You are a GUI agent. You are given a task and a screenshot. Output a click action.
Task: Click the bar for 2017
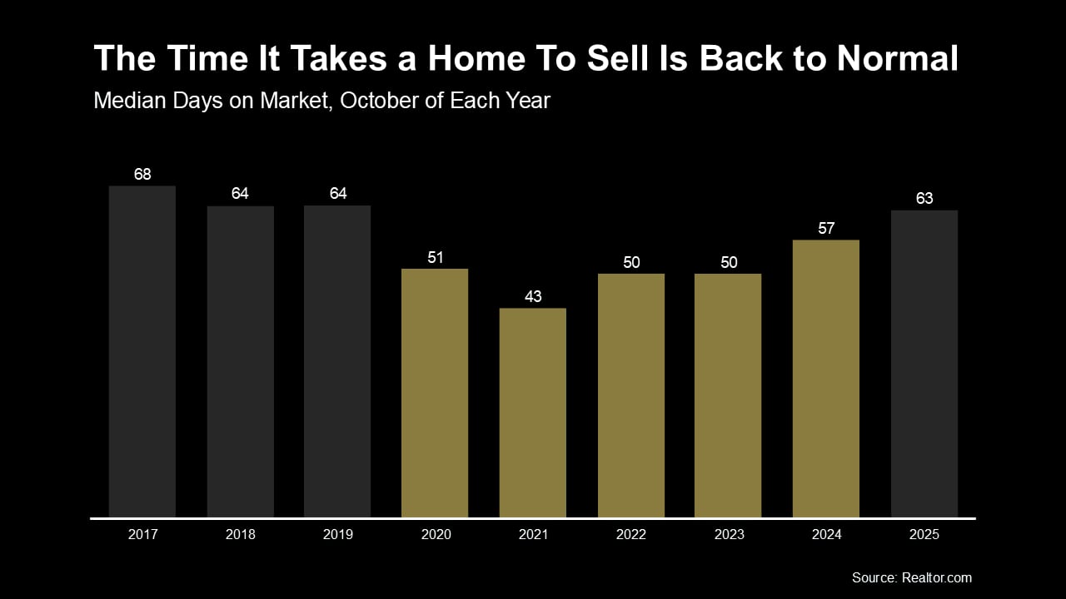pos(142,351)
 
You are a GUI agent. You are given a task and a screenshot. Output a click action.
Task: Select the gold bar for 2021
pos(533,413)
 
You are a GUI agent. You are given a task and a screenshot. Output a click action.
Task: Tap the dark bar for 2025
pos(924,364)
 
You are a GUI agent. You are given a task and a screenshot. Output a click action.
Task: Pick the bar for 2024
pos(826,379)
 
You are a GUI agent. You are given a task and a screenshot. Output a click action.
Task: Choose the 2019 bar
pos(337,361)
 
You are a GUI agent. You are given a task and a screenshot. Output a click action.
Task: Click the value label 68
pos(142,175)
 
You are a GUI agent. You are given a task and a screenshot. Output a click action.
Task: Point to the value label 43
pos(533,297)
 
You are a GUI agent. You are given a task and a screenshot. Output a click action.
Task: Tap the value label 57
pos(826,229)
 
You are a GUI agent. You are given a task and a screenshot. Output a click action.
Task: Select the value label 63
pos(924,199)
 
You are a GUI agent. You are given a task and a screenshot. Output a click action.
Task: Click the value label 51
pos(436,258)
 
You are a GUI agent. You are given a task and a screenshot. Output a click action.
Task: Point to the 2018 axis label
pos(240,535)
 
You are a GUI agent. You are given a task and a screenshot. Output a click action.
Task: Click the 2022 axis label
pos(631,535)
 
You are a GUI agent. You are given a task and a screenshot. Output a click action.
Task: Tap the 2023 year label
pos(729,535)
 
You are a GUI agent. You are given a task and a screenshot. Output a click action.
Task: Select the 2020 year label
pos(436,535)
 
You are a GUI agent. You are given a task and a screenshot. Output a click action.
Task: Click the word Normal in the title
pos(897,59)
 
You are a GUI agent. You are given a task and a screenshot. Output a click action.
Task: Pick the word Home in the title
pos(472,59)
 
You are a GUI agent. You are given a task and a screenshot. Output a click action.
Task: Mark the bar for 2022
pos(631,395)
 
